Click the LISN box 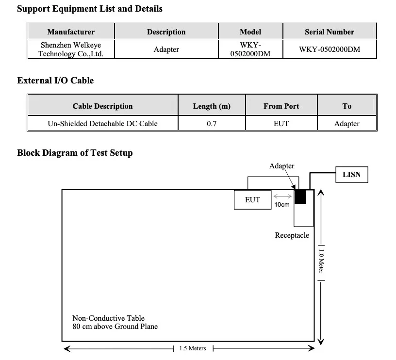[x=351, y=175]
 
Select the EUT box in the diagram [x=252, y=200]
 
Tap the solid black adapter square [x=300, y=196]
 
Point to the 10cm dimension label [x=282, y=204]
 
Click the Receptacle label [x=292, y=235]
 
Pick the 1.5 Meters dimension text [x=193, y=348]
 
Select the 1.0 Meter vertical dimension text [x=321, y=262]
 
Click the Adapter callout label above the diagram [x=281, y=166]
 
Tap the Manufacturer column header [x=71, y=32]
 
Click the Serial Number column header [x=330, y=32]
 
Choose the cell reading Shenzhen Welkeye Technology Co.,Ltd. [x=71, y=49]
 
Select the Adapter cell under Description [x=166, y=49]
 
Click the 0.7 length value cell [x=212, y=123]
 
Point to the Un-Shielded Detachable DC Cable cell [x=102, y=123]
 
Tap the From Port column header [x=281, y=106]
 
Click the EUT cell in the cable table [x=281, y=123]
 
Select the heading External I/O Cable [x=55, y=80]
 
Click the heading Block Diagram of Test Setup [x=75, y=153]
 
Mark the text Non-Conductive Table [x=108, y=318]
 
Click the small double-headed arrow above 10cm [x=282, y=196]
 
